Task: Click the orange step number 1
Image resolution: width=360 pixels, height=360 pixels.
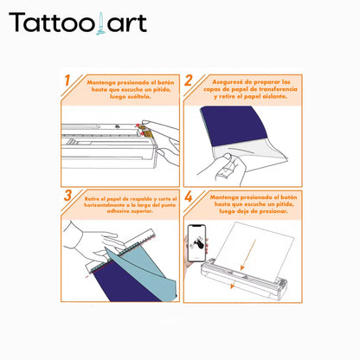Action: [x=67, y=82]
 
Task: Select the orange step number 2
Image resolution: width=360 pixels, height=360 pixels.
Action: [x=188, y=82]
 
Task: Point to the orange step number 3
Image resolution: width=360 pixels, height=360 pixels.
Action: [x=67, y=196]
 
